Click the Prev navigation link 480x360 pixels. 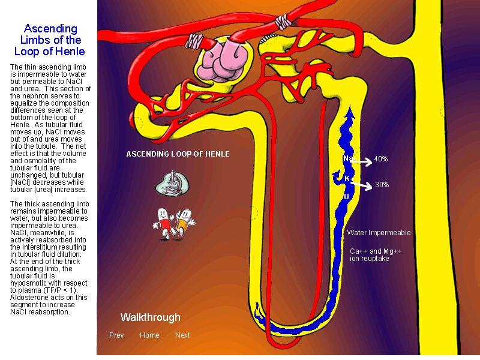[x=116, y=335]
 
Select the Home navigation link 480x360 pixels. [x=149, y=335]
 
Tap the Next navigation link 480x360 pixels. [x=182, y=335]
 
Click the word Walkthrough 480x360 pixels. [x=151, y=317]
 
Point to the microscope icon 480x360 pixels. [x=172, y=183]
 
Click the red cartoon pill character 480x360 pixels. [x=163, y=223]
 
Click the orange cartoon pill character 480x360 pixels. [x=184, y=223]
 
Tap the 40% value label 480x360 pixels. [x=381, y=159]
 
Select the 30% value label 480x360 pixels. [x=382, y=185]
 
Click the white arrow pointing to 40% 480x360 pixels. [x=361, y=161]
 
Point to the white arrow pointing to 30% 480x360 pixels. [x=362, y=185]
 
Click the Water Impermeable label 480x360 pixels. [x=379, y=233]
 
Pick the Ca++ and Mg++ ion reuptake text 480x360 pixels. [x=376, y=254]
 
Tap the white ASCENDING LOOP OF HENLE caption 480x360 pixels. [x=178, y=154]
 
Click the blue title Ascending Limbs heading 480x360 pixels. [x=50, y=40]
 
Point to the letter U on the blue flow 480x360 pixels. [x=346, y=197]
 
